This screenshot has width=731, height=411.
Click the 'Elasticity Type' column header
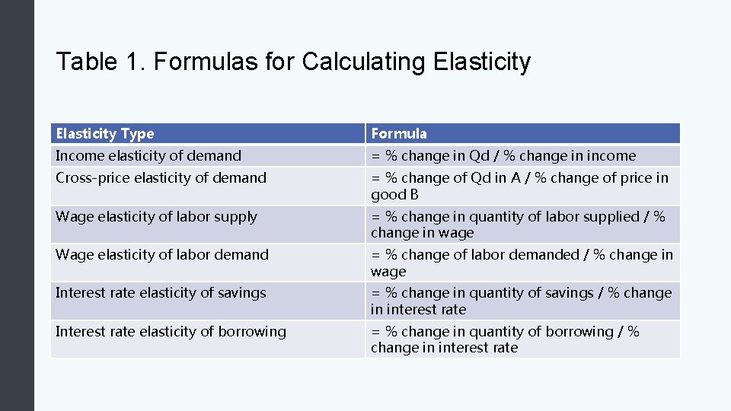104,134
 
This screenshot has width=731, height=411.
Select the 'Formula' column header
399,134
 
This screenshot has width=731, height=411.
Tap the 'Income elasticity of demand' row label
148,156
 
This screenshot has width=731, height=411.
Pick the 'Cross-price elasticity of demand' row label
161,178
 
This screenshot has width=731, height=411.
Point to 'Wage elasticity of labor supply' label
156,217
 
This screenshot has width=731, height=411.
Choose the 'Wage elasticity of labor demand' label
162,255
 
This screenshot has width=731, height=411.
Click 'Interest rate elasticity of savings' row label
161,293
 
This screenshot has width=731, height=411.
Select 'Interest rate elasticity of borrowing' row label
171,332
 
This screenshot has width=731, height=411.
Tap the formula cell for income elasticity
503,156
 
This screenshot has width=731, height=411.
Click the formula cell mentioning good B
519,186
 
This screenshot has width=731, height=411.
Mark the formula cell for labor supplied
518,225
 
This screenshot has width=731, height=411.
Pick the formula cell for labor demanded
522,263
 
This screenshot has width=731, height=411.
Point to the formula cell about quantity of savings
521,301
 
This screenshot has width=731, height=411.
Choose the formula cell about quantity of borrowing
505,339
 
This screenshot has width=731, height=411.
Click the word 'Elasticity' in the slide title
481,62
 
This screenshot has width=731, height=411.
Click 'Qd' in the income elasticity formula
480,156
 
